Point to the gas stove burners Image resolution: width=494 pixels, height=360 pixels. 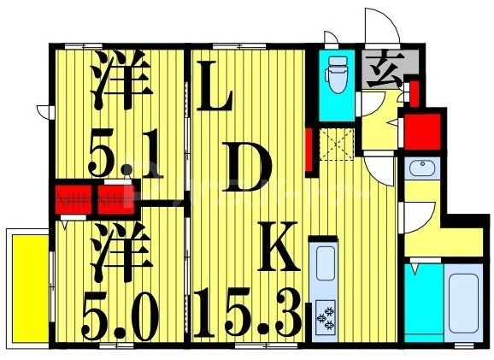click(x=326, y=316)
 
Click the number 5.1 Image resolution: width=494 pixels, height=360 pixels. click(x=124, y=154)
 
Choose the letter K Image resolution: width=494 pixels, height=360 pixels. click(x=279, y=253)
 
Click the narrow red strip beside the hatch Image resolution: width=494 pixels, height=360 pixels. click(x=309, y=150)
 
